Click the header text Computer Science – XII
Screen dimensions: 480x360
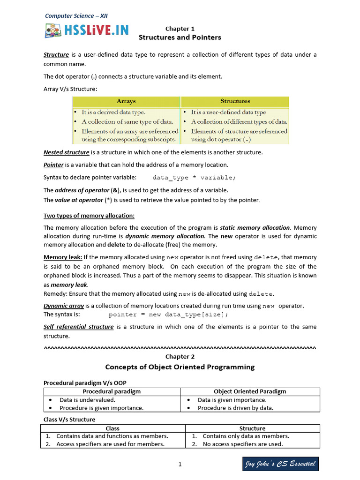pos(76,16)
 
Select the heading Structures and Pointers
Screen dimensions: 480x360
pos(180,37)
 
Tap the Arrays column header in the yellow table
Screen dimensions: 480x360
pos(126,101)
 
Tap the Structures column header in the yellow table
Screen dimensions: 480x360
pos(235,101)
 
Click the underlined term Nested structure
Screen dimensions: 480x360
pos(66,152)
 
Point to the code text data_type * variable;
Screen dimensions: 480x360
pos(195,178)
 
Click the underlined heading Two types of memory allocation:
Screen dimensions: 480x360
pos(89,216)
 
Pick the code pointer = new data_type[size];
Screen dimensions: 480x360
pos(169,315)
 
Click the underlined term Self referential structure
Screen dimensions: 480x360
pos(78,327)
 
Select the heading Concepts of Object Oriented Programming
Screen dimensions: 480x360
pos(180,367)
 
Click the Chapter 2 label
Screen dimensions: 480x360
pos(180,357)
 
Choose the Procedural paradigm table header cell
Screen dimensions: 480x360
pos(112,391)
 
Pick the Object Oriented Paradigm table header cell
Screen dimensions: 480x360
pos(250,391)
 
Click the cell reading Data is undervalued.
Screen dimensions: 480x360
pos(87,400)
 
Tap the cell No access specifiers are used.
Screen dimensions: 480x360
pos(243,444)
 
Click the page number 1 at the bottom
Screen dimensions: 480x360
pos(180,465)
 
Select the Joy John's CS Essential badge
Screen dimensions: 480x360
pos(280,464)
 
